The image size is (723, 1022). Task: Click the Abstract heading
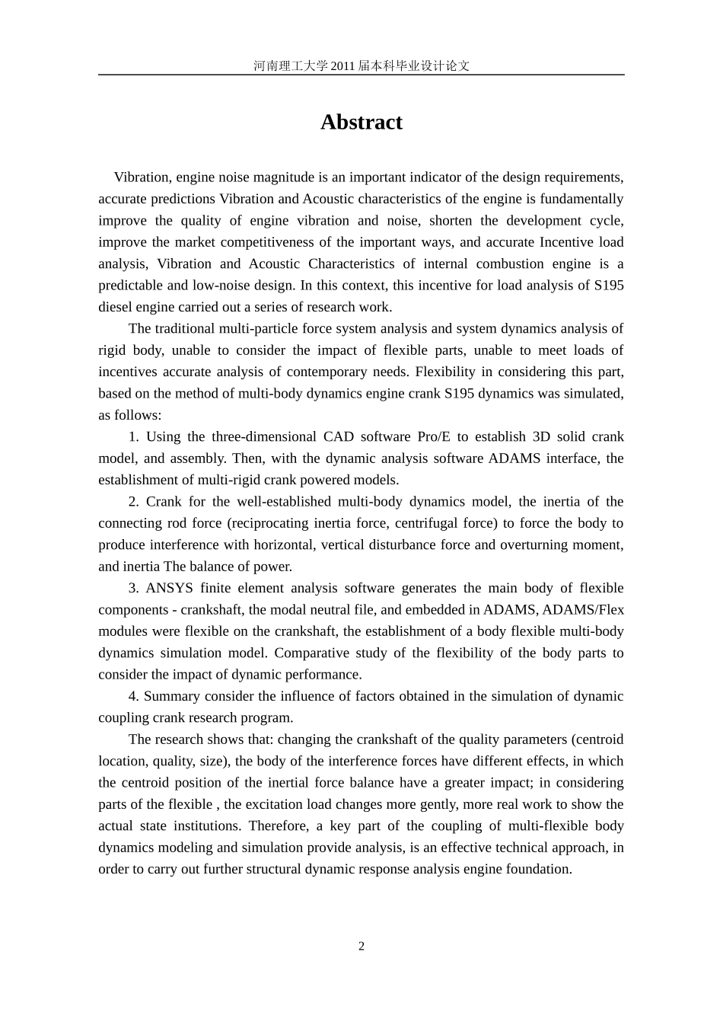(x=361, y=123)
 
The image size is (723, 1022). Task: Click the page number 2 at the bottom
(x=361, y=947)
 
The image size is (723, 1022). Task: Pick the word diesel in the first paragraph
(x=114, y=308)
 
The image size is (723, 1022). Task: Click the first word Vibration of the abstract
(x=141, y=178)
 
